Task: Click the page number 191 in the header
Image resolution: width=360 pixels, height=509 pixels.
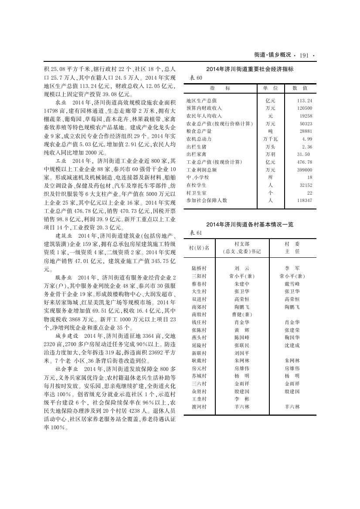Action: (304, 55)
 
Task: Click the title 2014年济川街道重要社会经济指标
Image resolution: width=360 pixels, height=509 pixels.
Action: (250, 69)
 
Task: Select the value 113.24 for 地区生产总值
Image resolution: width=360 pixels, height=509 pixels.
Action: (302, 100)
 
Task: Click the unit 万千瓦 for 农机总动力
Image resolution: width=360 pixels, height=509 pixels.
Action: (270, 139)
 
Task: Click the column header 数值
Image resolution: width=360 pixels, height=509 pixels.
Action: (300, 88)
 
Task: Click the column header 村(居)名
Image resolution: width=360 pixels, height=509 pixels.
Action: (199, 248)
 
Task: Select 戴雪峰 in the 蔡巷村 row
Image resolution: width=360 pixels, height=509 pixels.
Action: (292, 283)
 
